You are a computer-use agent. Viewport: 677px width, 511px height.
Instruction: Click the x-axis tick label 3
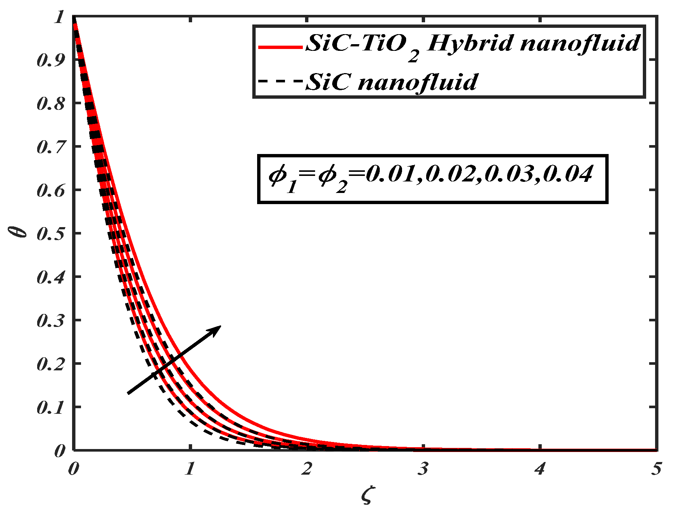(423, 469)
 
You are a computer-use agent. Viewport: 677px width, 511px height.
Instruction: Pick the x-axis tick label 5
(656, 469)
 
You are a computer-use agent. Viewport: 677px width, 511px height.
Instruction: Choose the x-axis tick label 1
(190, 469)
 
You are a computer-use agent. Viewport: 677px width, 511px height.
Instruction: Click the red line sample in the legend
(281, 47)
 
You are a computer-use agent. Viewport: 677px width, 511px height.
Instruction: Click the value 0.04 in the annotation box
(567, 174)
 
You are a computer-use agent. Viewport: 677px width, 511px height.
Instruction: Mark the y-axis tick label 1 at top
(59, 17)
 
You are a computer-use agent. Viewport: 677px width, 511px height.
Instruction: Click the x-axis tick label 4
(539, 469)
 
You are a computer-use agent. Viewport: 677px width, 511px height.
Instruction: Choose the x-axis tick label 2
(307, 469)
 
